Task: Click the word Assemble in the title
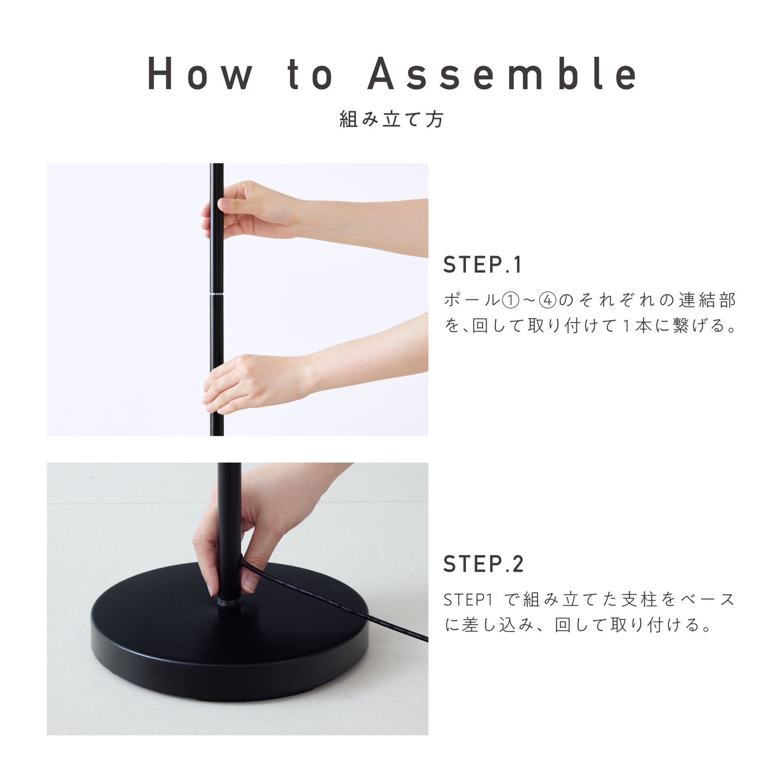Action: point(503,73)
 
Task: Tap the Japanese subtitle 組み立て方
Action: point(391,120)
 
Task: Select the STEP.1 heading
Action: point(482,265)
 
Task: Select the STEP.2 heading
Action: point(484,564)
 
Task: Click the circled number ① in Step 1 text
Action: point(511,301)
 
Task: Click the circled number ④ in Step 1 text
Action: point(548,301)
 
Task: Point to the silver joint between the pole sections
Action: point(216,293)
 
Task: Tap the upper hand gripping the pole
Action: point(251,211)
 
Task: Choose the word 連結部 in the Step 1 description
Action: point(707,301)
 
